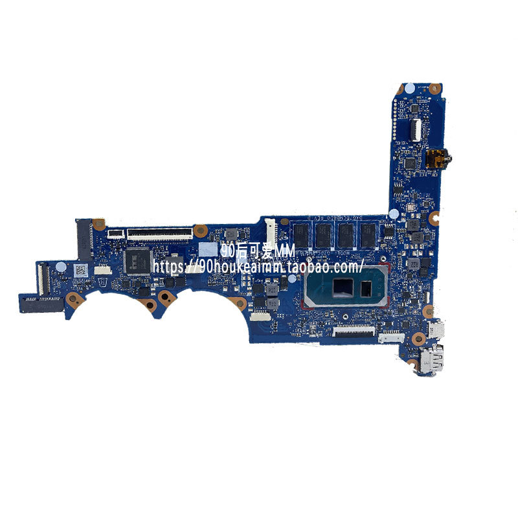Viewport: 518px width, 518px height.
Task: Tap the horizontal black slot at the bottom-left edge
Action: point(42,299)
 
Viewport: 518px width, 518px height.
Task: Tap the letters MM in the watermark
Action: point(280,251)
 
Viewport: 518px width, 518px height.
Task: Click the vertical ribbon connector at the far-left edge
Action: point(41,275)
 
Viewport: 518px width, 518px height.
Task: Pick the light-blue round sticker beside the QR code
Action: point(60,267)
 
